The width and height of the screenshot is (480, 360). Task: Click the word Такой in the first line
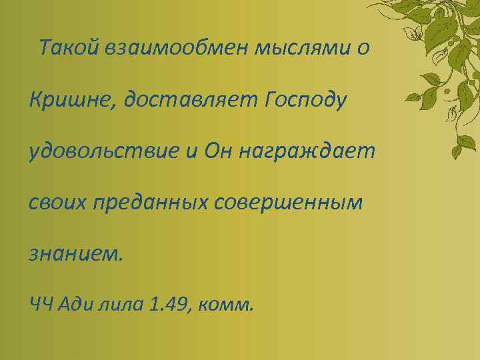69,48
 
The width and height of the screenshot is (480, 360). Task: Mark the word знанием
76,254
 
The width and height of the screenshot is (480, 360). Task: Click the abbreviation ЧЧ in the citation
41,305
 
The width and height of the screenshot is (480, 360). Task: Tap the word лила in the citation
122,305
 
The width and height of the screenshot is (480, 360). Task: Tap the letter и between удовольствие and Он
192,153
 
